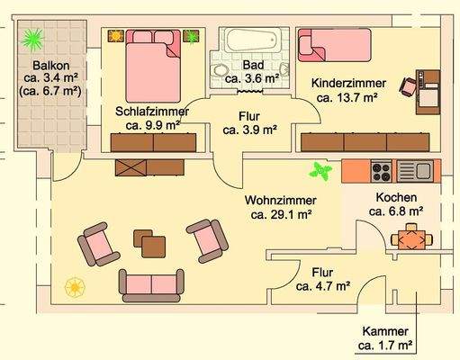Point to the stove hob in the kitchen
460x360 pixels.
[379, 168]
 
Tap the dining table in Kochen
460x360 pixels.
[412, 238]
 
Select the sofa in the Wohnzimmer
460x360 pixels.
[149, 283]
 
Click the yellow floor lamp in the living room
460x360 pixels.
[75, 287]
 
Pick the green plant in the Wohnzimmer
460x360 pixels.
[319, 169]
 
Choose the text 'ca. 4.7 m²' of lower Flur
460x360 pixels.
[322, 287]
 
